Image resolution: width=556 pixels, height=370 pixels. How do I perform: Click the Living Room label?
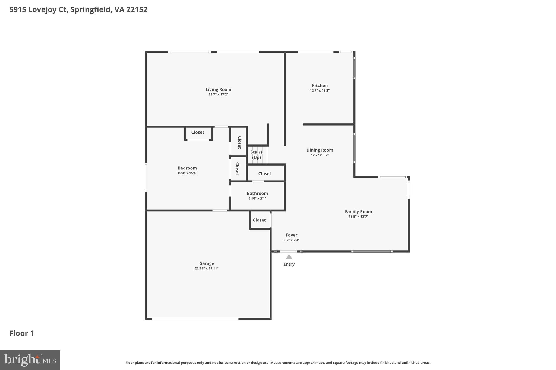(x=218, y=89)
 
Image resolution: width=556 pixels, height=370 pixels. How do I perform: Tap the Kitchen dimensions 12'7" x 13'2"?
(x=320, y=91)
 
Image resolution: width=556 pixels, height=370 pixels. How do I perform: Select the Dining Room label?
(x=320, y=150)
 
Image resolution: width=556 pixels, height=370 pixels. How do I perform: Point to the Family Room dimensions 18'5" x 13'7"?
(x=358, y=217)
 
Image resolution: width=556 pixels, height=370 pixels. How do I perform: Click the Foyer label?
(x=291, y=235)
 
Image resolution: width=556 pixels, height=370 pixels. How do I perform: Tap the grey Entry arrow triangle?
(x=289, y=257)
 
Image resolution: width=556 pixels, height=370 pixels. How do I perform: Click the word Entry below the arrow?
(x=289, y=264)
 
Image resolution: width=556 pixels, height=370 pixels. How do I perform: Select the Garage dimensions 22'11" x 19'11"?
(x=206, y=268)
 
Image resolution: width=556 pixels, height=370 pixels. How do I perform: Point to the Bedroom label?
(x=187, y=168)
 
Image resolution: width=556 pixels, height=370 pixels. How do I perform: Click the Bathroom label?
(x=257, y=193)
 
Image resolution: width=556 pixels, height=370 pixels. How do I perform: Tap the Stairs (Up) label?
(x=256, y=155)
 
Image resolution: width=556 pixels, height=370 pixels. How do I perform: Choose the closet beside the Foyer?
(x=259, y=220)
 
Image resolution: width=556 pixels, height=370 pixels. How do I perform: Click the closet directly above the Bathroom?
(x=265, y=174)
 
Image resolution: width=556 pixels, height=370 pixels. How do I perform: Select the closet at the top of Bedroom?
(x=198, y=132)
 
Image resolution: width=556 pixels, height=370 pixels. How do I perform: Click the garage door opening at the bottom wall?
(x=195, y=319)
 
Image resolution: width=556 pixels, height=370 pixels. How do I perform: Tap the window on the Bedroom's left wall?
(x=146, y=177)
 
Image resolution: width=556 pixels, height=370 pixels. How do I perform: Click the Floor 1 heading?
(x=22, y=333)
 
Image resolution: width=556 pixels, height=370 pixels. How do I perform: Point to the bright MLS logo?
(x=30, y=360)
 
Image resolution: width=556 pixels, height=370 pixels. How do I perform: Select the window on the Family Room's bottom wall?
(x=372, y=252)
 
